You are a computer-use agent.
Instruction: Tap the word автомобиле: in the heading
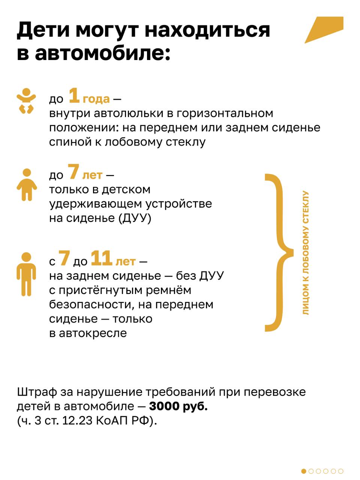(102, 53)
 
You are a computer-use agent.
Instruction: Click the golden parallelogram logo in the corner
(324, 30)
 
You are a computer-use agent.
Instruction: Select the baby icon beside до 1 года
(26, 101)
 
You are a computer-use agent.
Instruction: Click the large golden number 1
(74, 95)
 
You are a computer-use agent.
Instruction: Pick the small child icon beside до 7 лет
(27, 184)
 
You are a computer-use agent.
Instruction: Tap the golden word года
(96, 99)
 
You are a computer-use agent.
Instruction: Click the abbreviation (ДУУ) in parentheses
(135, 218)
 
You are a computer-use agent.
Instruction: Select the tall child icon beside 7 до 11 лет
(26, 274)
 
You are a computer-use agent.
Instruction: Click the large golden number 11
(102, 258)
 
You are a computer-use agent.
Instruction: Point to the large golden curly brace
(279, 253)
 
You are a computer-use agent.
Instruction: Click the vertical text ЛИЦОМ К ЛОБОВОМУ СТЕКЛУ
(305, 253)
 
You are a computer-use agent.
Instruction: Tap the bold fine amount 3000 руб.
(178, 406)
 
